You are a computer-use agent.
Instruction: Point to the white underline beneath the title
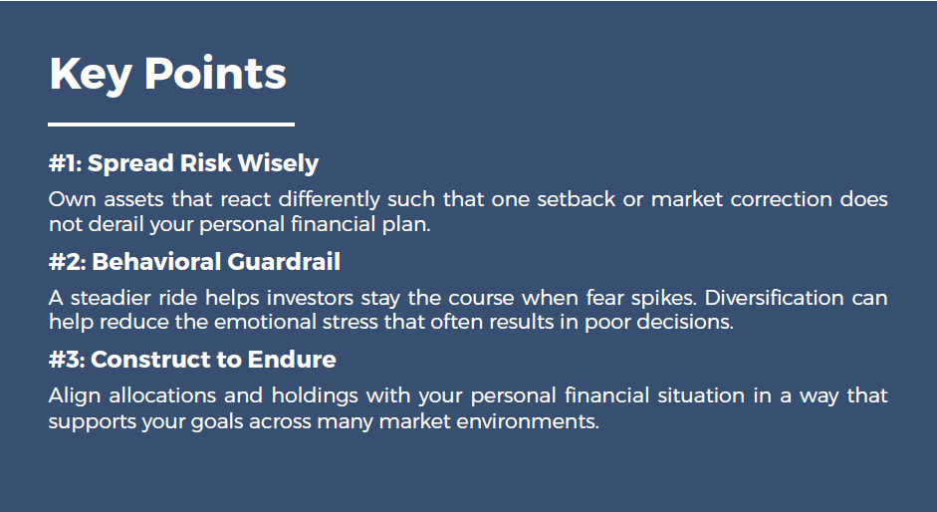(x=171, y=125)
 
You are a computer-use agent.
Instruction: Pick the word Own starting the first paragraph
(x=68, y=198)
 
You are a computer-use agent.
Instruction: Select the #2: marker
(x=66, y=262)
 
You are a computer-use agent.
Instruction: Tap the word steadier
(x=108, y=298)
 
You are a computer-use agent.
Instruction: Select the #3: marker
(x=66, y=360)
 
